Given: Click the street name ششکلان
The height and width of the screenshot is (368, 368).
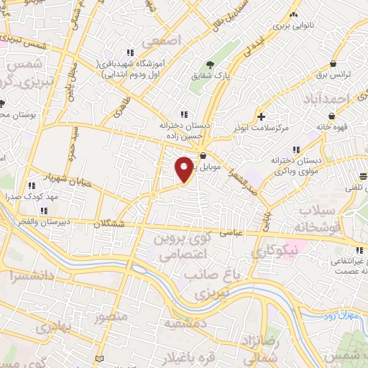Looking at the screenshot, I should coord(108,224).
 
